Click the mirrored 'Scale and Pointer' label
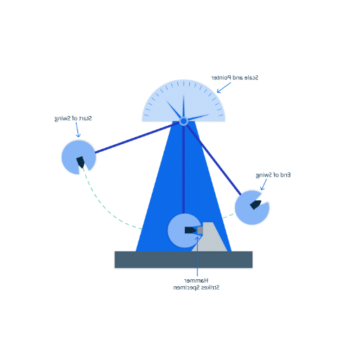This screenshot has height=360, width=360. click(x=235, y=77)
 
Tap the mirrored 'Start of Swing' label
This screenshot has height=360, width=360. click(x=73, y=119)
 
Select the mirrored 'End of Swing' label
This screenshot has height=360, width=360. click(x=274, y=175)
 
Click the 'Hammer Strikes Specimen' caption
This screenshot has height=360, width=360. click(x=196, y=284)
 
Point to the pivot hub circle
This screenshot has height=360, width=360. click(x=184, y=121)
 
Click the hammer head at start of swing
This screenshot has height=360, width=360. click(x=79, y=157)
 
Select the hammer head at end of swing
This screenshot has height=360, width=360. click(x=252, y=207)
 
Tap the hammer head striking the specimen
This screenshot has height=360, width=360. click(x=185, y=231)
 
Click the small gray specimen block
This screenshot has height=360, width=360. click(x=200, y=231)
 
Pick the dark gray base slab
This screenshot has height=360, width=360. click(x=184, y=259)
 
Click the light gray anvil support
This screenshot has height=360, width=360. click(x=210, y=237)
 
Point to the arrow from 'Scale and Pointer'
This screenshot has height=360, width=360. click(x=224, y=87)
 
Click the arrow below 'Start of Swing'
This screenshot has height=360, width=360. click(x=77, y=129)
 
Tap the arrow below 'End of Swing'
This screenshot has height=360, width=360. click(x=264, y=184)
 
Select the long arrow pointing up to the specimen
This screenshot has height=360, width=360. click(x=198, y=257)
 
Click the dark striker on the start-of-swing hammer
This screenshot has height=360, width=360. click(x=81, y=162)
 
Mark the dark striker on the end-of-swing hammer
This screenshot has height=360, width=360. click(x=255, y=205)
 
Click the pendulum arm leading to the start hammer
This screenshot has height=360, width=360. click(x=138, y=137)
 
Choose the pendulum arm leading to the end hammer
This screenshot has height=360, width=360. click(x=213, y=160)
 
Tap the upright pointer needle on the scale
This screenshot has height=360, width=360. click(x=184, y=107)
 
